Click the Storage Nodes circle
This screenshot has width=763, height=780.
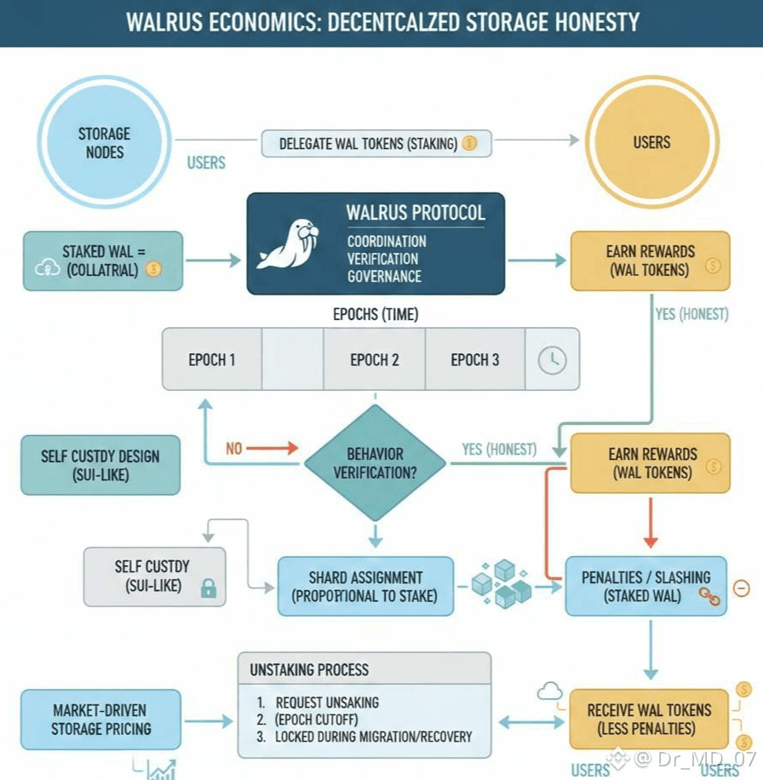click(x=104, y=143)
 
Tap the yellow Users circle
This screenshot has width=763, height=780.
click(x=651, y=143)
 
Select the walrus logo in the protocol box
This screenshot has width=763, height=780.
click(x=289, y=244)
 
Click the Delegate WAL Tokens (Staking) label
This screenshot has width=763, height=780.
click(x=376, y=144)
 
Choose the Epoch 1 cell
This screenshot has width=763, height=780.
click(x=212, y=359)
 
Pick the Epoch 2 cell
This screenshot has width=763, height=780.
click(x=374, y=359)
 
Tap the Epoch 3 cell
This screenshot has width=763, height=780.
click(x=474, y=359)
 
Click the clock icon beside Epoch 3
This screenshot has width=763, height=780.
click(x=552, y=359)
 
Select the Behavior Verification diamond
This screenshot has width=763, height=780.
click(x=375, y=462)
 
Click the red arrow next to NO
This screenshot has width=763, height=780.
click(x=273, y=448)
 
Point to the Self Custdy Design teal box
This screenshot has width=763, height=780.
click(x=100, y=465)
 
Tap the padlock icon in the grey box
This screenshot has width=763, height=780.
click(x=207, y=588)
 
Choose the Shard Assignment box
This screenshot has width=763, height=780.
click(x=364, y=586)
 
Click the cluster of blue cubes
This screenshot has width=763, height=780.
click(x=502, y=583)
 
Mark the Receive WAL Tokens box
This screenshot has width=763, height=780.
click(x=649, y=719)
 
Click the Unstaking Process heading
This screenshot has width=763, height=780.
click(x=309, y=669)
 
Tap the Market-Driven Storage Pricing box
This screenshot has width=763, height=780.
click(x=100, y=719)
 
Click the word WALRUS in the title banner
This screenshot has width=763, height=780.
click(x=167, y=22)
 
